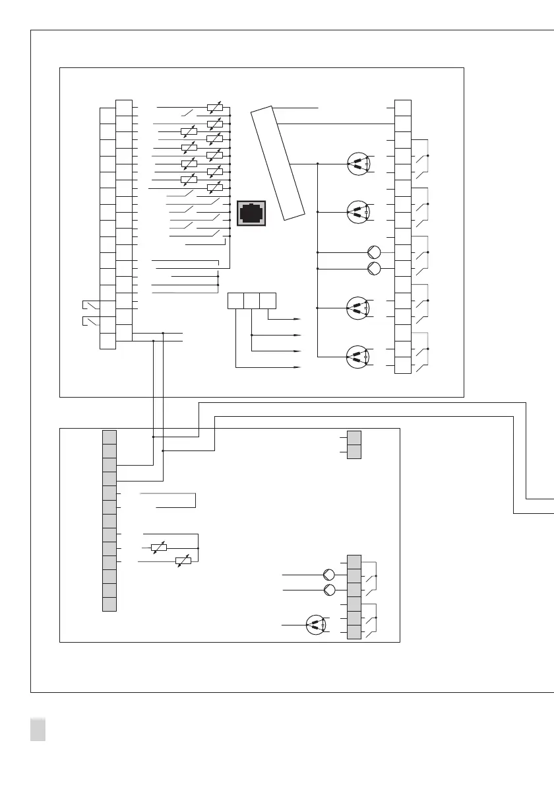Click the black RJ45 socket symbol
tap(251, 213)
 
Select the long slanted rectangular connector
tap(278, 162)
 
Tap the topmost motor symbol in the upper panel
tap(357, 164)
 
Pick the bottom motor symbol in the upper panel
tap(357, 357)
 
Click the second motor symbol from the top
tap(357, 211)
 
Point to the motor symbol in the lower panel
tap(317, 625)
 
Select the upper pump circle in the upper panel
tap(375, 252)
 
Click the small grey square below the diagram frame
tap(38, 730)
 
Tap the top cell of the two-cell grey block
tap(354, 437)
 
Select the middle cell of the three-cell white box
tap(251, 301)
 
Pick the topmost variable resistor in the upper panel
tap(214, 106)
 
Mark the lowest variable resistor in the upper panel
tap(214, 188)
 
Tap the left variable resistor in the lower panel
tap(158, 548)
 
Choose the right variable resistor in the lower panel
tap(183, 561)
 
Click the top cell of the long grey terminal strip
tap(109, 437)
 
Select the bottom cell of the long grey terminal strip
tap(109, 604)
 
